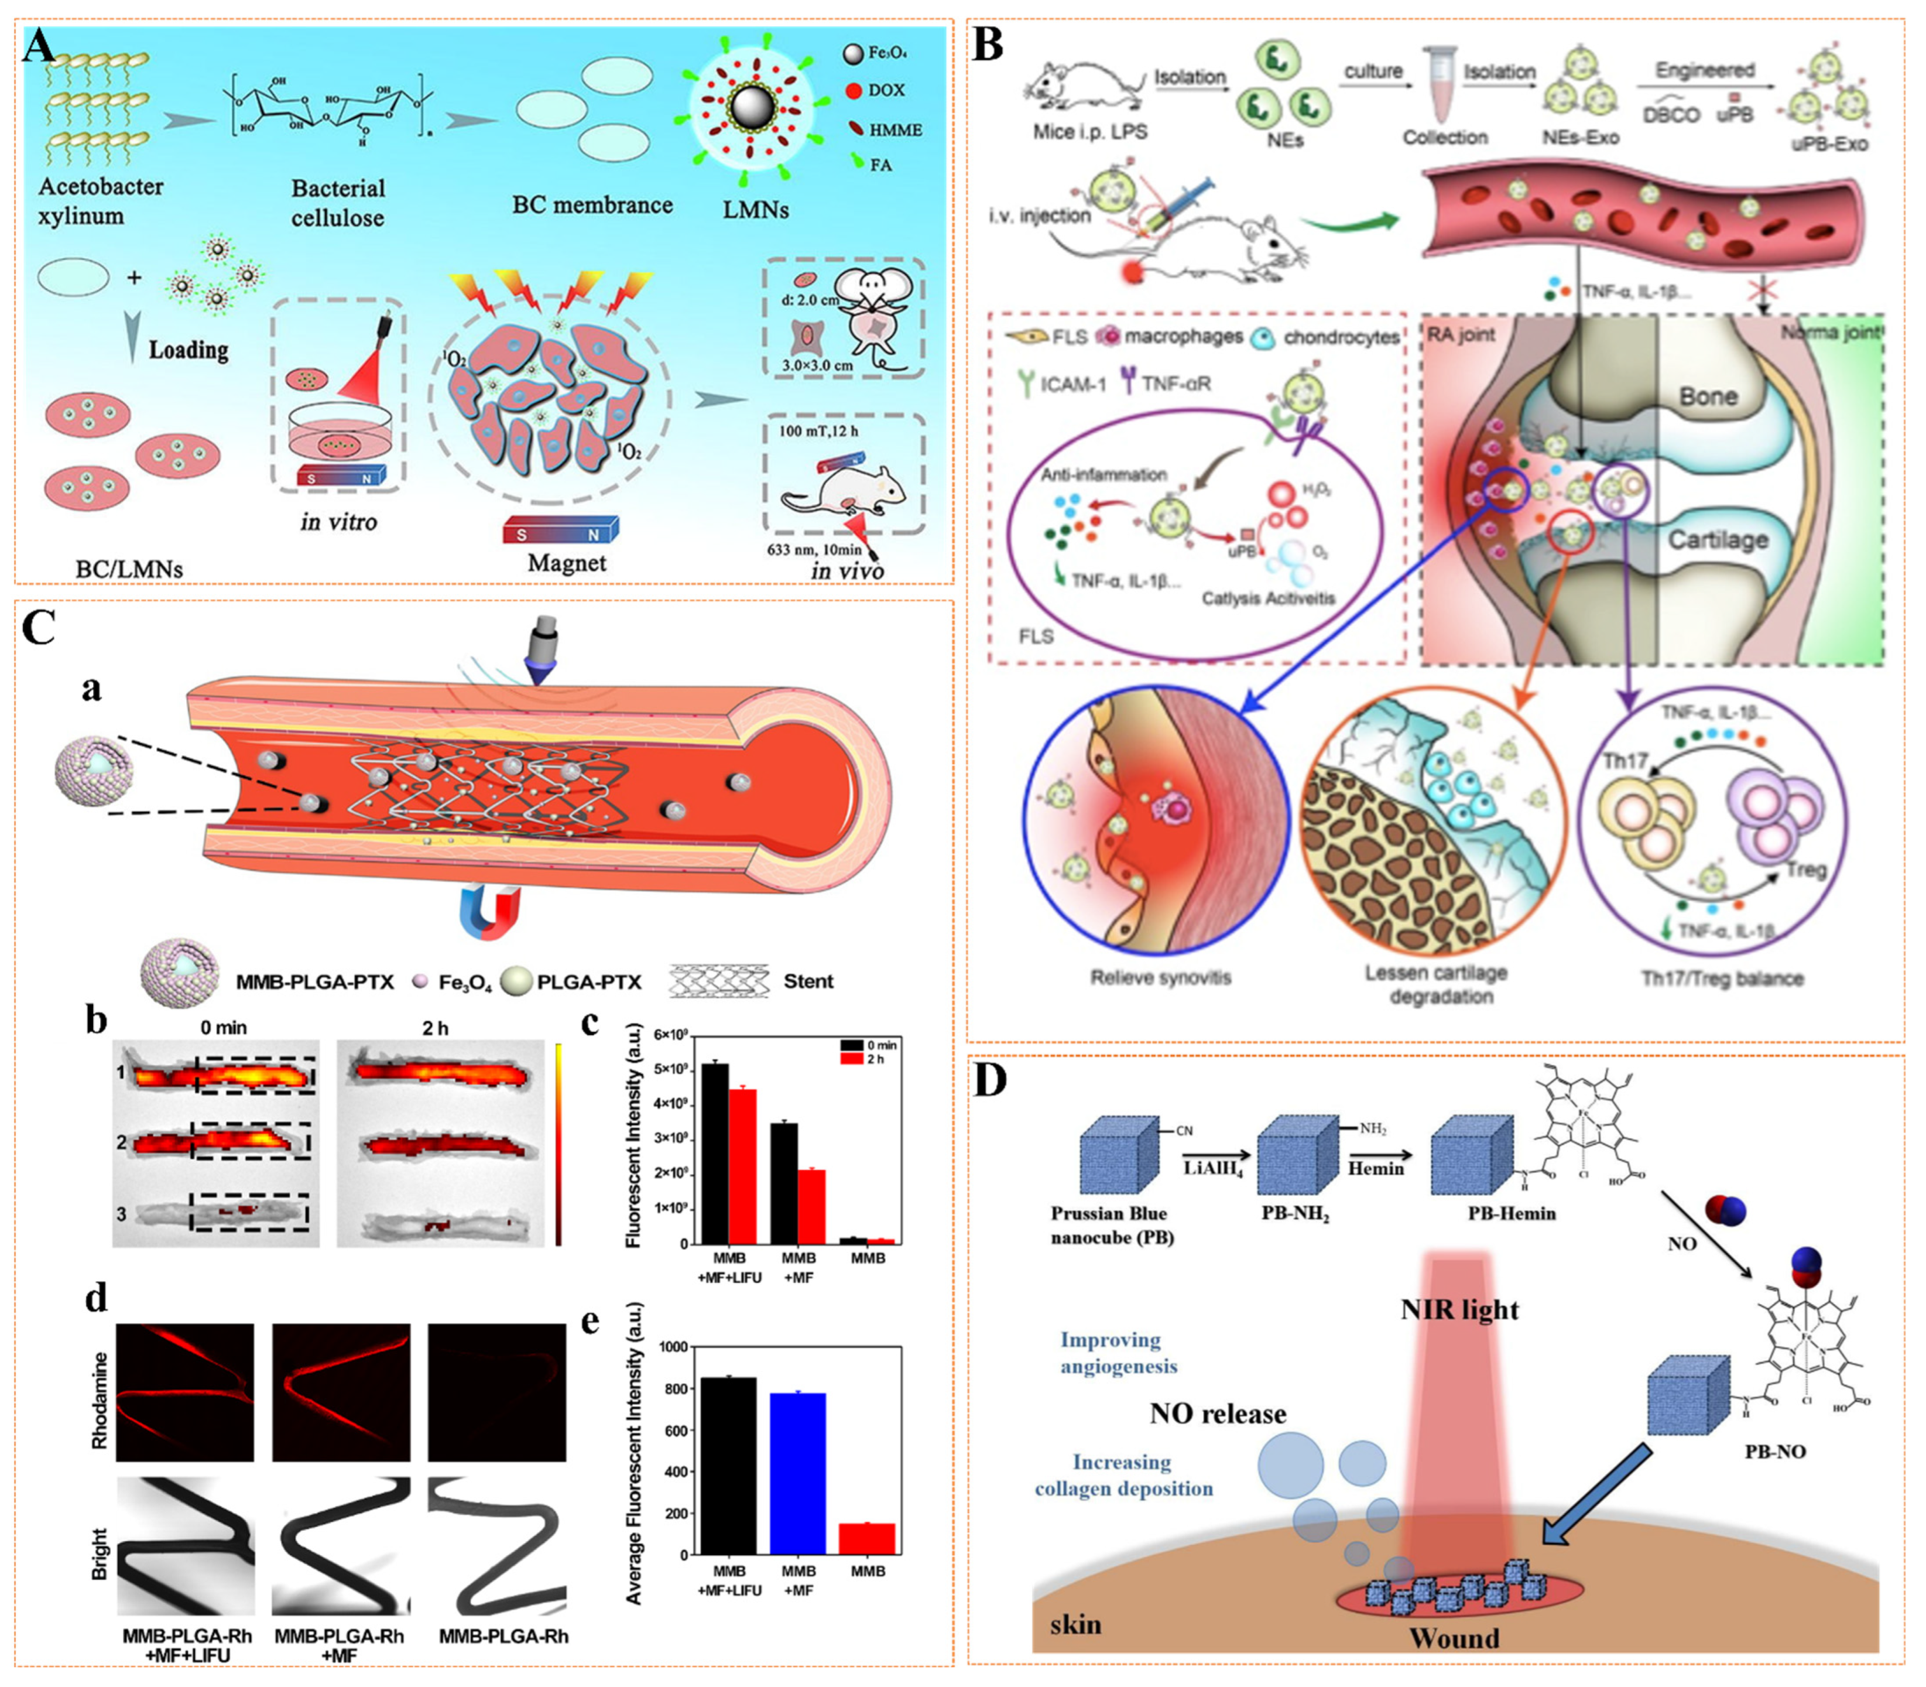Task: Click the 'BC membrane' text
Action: [592, 204]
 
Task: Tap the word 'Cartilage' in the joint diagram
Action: [1718, 539]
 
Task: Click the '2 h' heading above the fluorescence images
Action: [435, 1028]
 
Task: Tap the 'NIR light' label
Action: [1459, 1309]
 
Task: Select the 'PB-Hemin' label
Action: [1511, 1213]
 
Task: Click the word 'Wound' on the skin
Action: [1454, 1638]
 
